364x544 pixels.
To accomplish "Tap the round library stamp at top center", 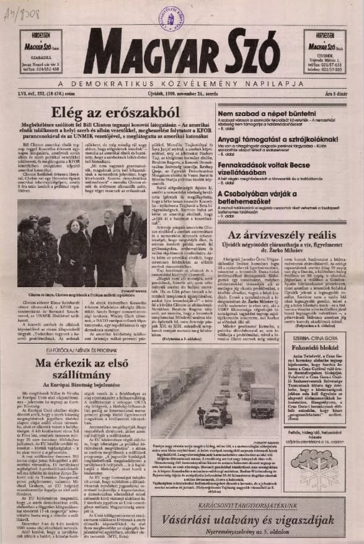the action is click(171, 17).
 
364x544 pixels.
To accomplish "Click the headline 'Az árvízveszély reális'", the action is click(277, 235).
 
